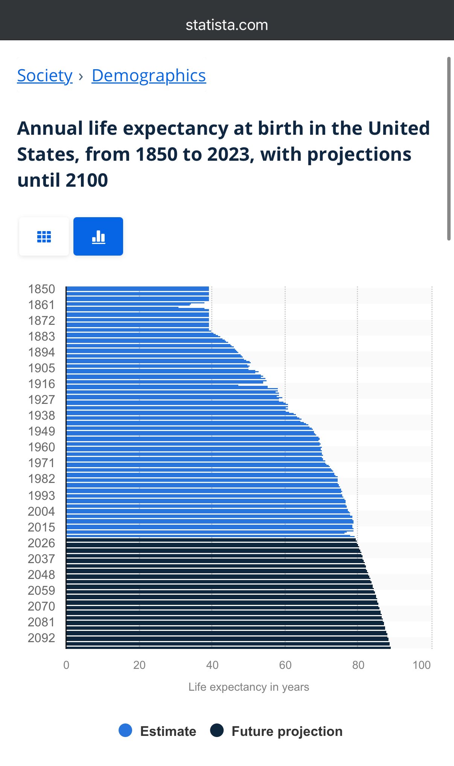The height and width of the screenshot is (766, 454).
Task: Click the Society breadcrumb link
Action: tap(45, 76)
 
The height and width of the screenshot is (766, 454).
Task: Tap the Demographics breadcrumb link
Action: tap(149, 76)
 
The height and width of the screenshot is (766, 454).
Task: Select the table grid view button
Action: tap(44, 236)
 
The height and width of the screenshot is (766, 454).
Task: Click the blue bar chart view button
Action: tap(98, 236)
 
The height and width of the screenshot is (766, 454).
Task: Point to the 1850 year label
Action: tap(41, 289)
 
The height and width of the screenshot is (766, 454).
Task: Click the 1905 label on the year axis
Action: tap(41, 368)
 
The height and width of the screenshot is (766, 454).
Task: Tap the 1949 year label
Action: tap(41, 431)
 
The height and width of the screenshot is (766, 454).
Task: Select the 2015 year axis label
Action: tap(41, 527)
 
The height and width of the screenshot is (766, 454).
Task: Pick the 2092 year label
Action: tap(41, 638)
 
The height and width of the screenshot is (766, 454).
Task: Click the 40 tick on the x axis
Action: tap(212, 665)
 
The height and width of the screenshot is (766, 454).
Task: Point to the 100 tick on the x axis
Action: tap(422, 665)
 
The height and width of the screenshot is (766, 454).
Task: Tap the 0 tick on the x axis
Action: tap(66, 665)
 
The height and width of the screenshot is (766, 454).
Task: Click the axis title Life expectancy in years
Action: tap(248, 687)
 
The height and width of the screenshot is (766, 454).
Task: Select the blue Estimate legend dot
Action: tap(125, 730)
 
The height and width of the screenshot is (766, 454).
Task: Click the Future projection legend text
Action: tap(287, 731)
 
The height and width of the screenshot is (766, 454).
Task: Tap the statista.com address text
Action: tap(227, 25)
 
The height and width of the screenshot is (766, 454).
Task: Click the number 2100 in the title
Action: tap(87, 180)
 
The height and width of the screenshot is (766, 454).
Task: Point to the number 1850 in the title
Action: tap(156, 154)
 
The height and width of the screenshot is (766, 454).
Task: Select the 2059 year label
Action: tap(41, 591)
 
